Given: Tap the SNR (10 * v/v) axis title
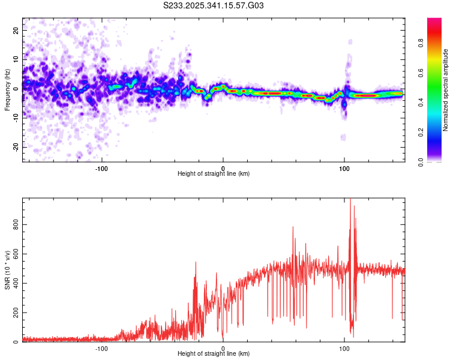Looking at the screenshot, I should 7,270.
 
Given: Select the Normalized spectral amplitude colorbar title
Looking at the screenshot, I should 446,90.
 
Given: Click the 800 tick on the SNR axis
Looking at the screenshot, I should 14,224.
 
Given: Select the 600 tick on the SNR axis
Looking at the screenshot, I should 14,254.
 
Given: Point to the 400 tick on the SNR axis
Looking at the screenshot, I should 14,283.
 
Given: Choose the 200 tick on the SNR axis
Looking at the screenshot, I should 14,313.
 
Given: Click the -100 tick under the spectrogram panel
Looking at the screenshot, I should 101,167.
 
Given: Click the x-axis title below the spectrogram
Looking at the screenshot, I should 214,174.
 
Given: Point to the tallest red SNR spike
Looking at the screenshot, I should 350,200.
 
